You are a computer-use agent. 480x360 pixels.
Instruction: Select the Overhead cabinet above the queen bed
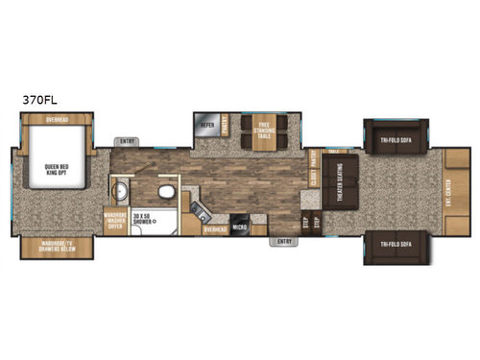pyautogui.click(x=57, y=120)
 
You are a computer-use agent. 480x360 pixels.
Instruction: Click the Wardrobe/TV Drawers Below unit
pyautogui.click(x=57, y=247)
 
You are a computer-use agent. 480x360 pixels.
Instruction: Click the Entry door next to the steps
pyautogui.click(x=284, y=241)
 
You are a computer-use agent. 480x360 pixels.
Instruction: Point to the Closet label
pyautogui.click(x=313, y=176)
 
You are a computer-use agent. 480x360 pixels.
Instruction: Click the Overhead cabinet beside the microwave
pyautogui.click(x=214, y=229)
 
